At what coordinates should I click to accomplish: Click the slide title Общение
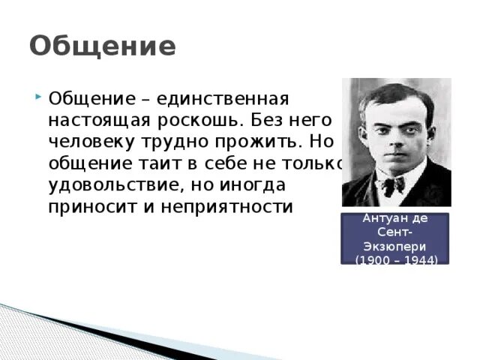click(103, 47)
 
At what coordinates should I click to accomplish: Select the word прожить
click(259, 142)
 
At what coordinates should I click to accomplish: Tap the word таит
click(157, 163)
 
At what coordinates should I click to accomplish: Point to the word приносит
click(88, 206)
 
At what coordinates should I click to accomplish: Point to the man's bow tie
click(391, 182)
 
